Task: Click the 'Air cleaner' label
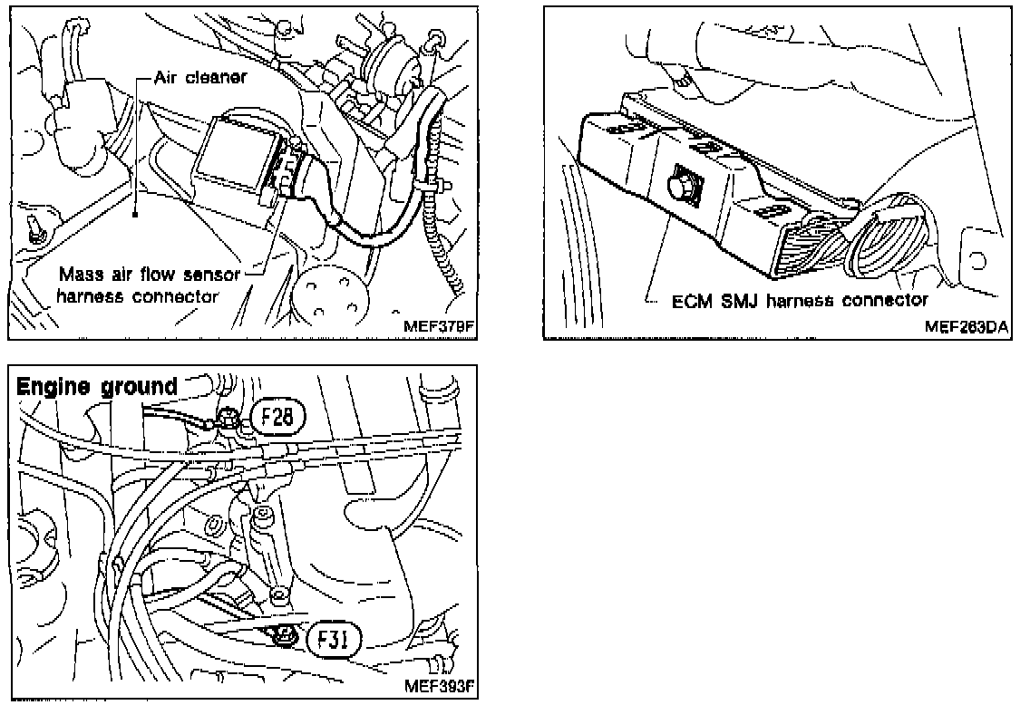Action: point(199,77)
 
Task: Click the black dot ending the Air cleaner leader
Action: point(134,215)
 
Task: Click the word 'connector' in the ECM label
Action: point(882,300)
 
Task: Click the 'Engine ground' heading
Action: point(97,386)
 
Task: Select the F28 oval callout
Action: point(278,418)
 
